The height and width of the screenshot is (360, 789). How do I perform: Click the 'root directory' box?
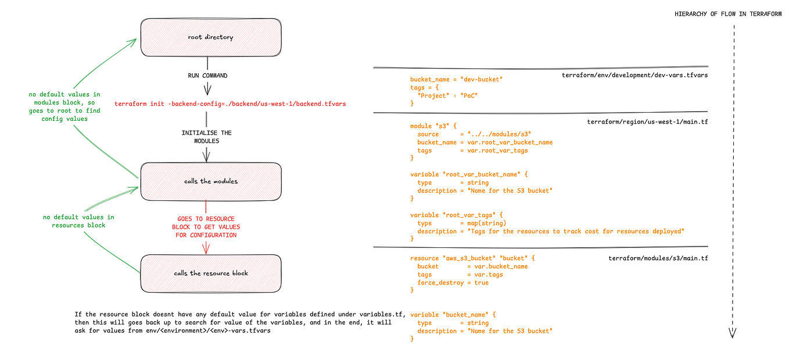coord(210,38)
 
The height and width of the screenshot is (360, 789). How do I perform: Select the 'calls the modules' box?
coord(210,181)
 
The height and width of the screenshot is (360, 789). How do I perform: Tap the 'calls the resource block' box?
coord(210,273)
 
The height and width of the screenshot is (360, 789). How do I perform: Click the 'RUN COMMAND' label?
coord(207,76)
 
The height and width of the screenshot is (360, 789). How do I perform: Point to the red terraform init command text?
coord(230,103)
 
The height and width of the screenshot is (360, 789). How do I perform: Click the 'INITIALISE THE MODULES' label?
coord(206,137)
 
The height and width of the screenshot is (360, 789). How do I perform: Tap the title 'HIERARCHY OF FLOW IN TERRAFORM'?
coord(728,14)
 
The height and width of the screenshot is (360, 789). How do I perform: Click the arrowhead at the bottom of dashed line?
coord(732,333)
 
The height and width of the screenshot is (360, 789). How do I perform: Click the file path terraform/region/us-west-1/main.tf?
coord(647,122)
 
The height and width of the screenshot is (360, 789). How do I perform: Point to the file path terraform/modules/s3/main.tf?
coord(658,258)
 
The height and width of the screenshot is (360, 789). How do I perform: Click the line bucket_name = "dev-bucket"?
coord(456,80)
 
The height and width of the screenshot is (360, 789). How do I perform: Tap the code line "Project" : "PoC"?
coord(447,95)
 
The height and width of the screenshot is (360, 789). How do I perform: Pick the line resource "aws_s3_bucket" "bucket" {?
coord(472,258)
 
